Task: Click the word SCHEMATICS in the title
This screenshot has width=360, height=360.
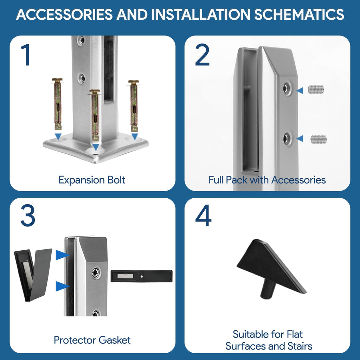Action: (299, 14)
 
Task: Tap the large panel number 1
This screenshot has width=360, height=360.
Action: (26, 55)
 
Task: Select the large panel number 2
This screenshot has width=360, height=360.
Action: (202, 55)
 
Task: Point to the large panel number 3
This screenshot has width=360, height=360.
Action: (28, 216)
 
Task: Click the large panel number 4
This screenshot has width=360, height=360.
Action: (203, 216)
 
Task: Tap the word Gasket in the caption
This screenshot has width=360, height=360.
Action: (115, 340)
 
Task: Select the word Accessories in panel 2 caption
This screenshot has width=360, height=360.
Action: (298, 180)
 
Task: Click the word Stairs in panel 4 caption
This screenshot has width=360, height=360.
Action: (300, 346)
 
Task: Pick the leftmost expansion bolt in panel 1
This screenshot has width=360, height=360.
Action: (57, 104)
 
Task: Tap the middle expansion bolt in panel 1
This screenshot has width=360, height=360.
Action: (95, 115)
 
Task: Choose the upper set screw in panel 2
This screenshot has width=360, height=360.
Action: (316, 89)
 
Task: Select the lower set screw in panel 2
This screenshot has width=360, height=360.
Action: (319, 139)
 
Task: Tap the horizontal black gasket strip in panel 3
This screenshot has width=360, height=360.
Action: (141, 276)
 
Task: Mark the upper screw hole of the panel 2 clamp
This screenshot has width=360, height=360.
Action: (287, 88)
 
